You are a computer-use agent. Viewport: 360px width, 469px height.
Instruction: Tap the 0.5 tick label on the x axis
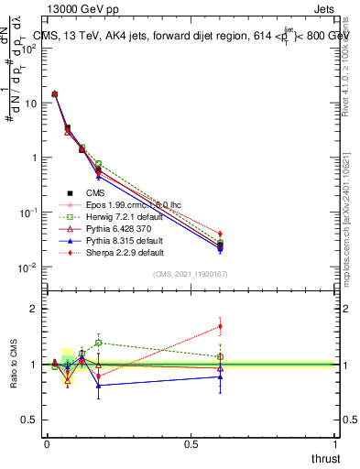tap(191, 444)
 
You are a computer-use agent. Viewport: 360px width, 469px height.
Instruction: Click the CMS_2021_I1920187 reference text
tap(190, 274)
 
